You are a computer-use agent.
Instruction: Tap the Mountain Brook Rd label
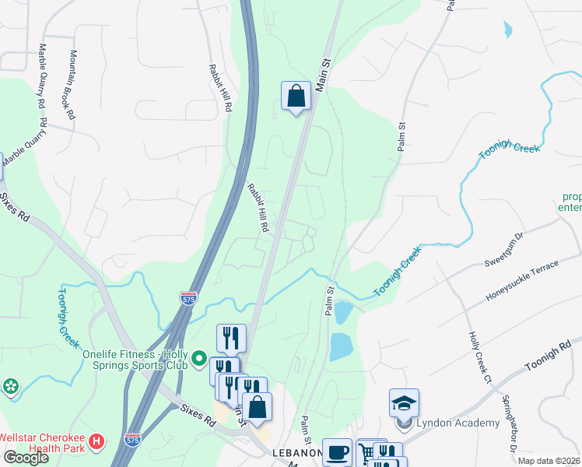coord(72,85)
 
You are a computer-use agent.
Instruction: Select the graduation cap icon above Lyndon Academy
coord(404,402)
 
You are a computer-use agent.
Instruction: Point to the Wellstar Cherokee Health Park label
coord(43,443)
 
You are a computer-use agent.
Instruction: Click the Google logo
coord(26,457)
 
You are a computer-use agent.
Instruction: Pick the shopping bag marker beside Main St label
coord(296,97)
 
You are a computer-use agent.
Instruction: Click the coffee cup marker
coord(337,453)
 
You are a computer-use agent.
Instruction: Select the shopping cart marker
coord(366,453)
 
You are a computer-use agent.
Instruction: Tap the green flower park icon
coord(10,386)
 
